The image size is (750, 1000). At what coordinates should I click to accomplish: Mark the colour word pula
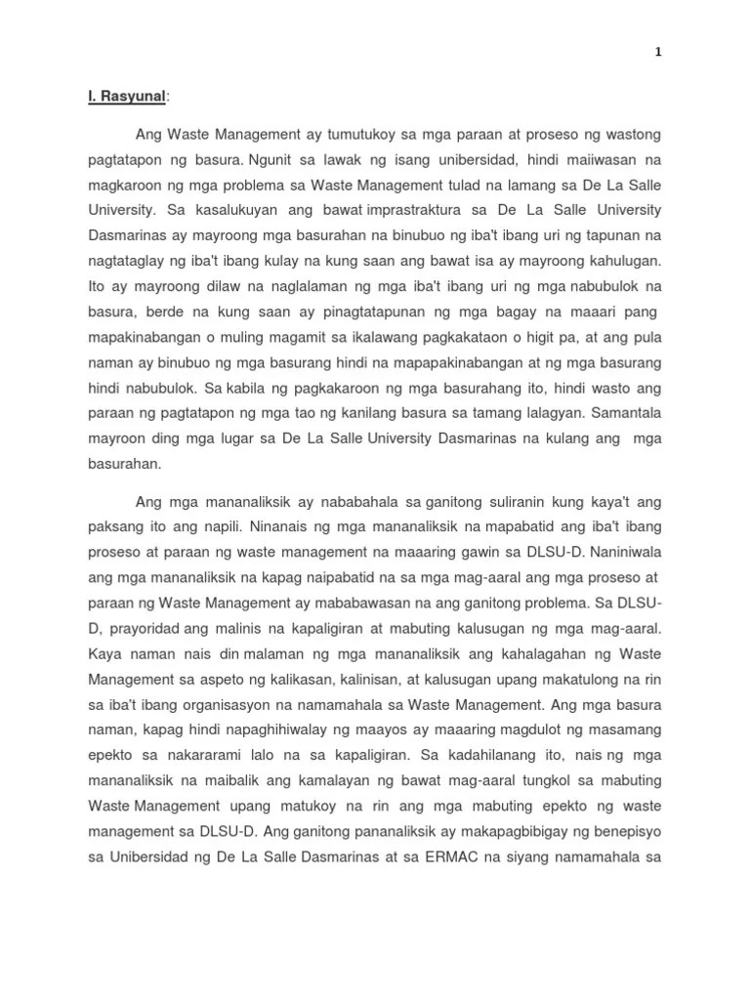pyautogui.click(x=646, y=338)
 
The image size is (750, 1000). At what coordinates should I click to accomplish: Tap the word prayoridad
pyautogui.click(x=143, y=631)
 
